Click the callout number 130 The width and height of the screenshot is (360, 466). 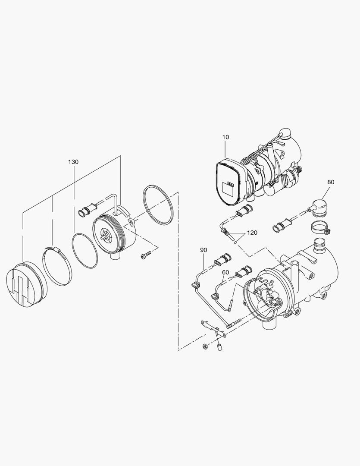(x=73, y=162)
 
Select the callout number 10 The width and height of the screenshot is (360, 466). (x=226, y=137)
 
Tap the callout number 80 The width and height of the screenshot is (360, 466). (x=331, y=182)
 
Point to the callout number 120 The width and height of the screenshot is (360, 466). (x=252, y=233)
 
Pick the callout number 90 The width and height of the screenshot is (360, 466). (x=203, y=250)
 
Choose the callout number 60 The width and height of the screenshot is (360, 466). (x=225, y=272)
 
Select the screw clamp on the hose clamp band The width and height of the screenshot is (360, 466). (x=58, y=249)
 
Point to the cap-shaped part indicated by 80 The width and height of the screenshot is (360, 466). (x=319, y=207)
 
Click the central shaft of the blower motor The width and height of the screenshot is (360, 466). (x=105, y=235)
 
